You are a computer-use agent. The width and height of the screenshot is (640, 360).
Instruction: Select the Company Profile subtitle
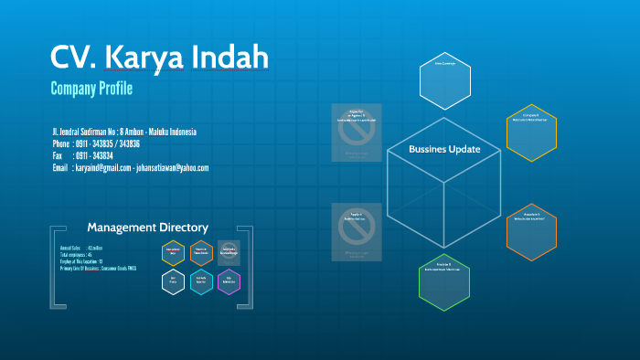pos(91,89)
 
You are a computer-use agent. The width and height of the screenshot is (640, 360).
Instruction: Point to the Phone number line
pos(96,143)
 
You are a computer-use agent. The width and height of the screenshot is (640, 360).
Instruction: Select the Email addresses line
pos(131,168)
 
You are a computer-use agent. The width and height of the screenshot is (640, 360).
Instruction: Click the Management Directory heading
pos(147,227)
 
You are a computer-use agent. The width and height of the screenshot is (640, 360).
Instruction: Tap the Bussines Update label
pos(443,149)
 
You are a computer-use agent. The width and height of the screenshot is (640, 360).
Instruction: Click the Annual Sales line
pos(81,248)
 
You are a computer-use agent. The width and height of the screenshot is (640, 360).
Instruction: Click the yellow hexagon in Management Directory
pos(174,252)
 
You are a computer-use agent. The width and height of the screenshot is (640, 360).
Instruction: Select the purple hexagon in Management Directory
pos(229,282)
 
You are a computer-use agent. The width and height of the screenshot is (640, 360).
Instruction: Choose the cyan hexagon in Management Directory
pos(201,282)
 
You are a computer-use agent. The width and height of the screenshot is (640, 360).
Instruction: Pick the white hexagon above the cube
pos(444,79)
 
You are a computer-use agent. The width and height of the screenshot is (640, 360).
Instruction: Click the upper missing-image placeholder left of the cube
pos(357,133)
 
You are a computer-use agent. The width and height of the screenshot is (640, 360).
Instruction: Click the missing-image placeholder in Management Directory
pos(229,252)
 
